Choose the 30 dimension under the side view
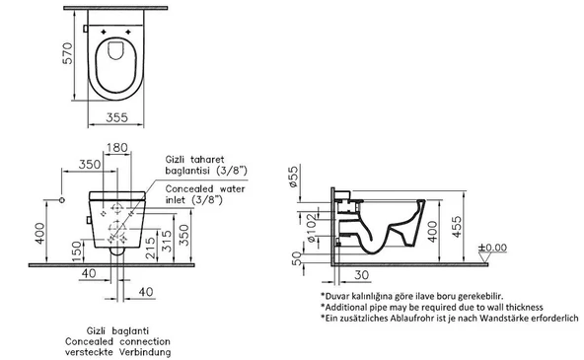360,275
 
